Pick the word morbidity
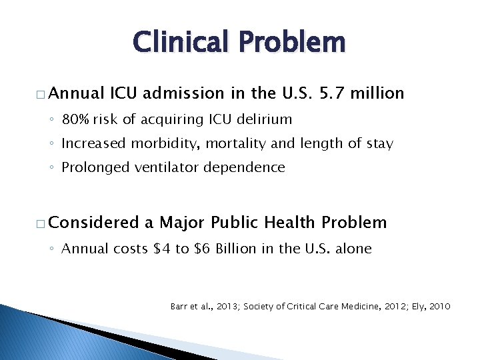160,144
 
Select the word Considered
94,223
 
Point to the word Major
183,223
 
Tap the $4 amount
161,249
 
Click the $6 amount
202,249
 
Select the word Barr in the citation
179,307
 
